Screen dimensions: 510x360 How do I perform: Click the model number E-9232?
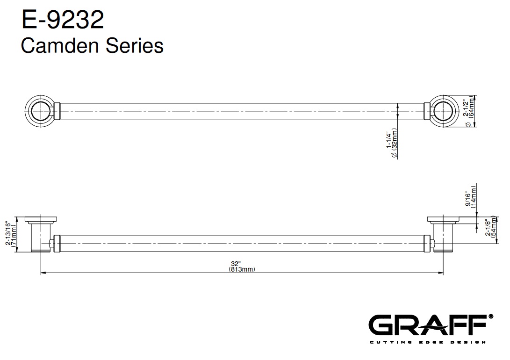pyautogui.click(x=63, y=20)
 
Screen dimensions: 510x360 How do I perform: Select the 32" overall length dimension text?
pyautogui.click(x=235, y=264)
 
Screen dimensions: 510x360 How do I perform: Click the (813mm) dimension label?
pyautogui.click(x=242, y=269)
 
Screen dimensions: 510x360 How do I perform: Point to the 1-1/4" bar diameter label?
pyautogui.click(x=388, y=140)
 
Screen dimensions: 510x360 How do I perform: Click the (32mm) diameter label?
pyautogui.click(x=395, y=143)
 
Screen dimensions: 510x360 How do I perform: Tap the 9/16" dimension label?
pyautogui.click(x=468, y=199)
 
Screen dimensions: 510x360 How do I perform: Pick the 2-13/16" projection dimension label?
pyautogui.click(x=8, y=234)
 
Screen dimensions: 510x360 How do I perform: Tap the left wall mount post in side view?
pyautogui.click(x=41, y=234)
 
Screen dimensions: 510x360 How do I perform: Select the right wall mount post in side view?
pyautogui.click(x=443, y=234)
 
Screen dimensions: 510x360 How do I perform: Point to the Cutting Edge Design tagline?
pyautogui.click(x=428, y=342)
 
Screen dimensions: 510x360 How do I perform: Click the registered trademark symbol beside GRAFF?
pyautogui.click(x=491, y=316)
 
